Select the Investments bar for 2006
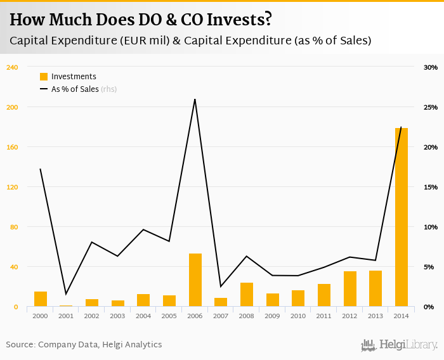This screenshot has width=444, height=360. click(195, 280)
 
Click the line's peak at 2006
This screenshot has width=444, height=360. click(195, 100)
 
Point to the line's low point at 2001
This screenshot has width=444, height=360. click(66, 294)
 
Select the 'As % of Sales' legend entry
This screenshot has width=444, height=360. click(74, 89)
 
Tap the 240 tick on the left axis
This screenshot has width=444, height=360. click(11, 67)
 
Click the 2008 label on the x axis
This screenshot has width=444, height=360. click(247, 316)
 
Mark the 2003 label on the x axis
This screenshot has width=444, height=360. click(118, 316)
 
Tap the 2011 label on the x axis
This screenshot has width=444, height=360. click(324, 316)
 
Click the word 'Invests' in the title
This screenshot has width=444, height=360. click(238, 20)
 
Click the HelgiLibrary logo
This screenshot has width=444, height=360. click(400, 345)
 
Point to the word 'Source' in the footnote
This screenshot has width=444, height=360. click(20, 345)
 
